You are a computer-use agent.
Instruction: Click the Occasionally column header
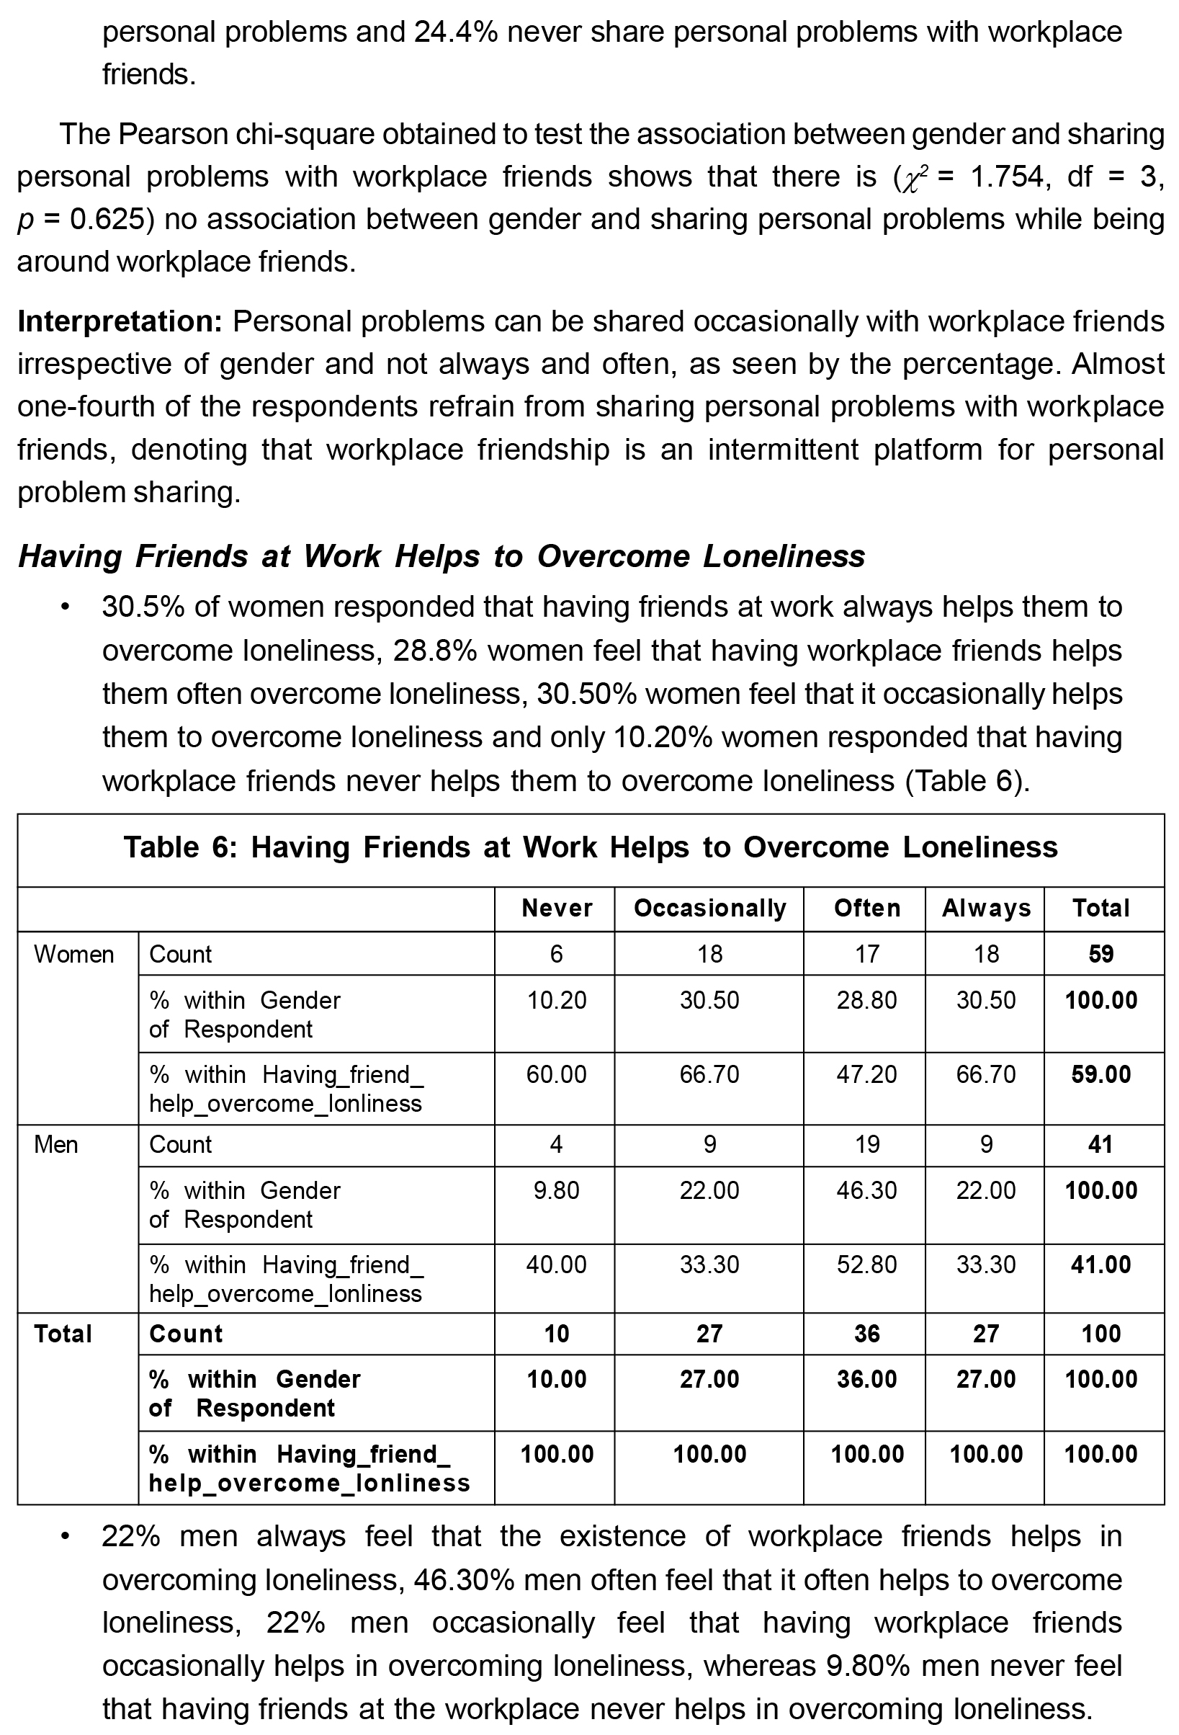pyautogui.click(x=709, y=908)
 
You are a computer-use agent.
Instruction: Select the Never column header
pyautogui.click(x=557, y=908)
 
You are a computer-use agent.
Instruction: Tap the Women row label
pyautogui.click(x=74, y=954)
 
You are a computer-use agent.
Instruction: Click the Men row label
pyautogui.click(x=56, y=1144)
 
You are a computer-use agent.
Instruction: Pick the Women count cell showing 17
pyautogui.click(x=866, y=954)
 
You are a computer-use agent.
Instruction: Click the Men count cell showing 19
pyautogui.click(x=866, y=1144)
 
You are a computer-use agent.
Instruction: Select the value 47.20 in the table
pyautogui.click(x=866, y=1074)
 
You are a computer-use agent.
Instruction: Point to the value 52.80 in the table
pyautogui.click(x=866, y=1265)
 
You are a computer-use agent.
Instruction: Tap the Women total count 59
pyautogui.click(x=1100, y=954)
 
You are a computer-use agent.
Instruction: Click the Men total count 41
pyautogui.click(x=1100, y=1144)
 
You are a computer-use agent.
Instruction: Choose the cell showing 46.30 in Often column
pyautogui.click(x=866, y=1190)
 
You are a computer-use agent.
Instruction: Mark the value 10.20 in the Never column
pyautogui.click(x=557, y=1000)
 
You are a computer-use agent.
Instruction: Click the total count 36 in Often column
pyautogui.click(x=866, y=1334)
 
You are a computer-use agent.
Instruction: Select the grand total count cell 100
pyautogui.click(x=1100, y=1334)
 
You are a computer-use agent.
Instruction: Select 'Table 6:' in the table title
pyautogui.click(x=180, y=847)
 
